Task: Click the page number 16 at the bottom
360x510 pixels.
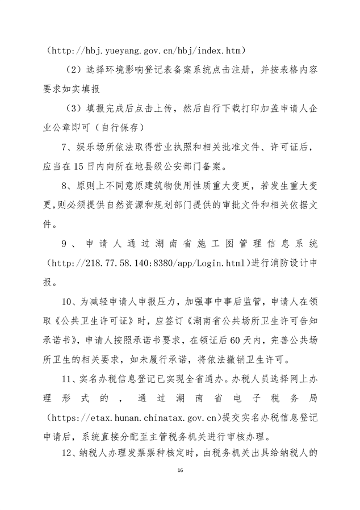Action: coord(179,471)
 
